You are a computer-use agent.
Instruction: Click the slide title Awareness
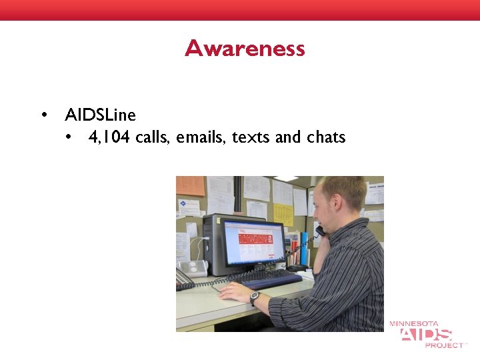(245, 49)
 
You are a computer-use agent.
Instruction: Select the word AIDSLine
(100, 115)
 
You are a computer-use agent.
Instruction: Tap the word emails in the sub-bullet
(203, 138)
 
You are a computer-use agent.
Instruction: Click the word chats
(326, 138)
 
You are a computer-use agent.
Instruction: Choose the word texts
(251, 138)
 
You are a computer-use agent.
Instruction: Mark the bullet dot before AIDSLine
(44, 115)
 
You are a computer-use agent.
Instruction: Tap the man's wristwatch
(255, 298)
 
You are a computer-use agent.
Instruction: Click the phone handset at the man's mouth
(321, 231)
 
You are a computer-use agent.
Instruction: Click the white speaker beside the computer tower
(195, 267)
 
